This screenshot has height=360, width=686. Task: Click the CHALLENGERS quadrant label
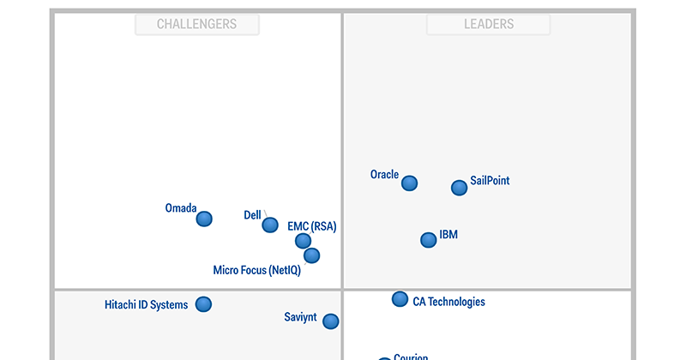click(x=196, y=24)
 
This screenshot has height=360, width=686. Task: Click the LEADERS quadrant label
click(x=489, y=24)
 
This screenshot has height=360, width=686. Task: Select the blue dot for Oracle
click(x=410, y=183)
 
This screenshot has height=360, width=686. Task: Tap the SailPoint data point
click(x=460, y=188)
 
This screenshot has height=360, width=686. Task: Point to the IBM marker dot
click(x=429, y=240)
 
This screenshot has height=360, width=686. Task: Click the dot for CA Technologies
click(x=400, y=299)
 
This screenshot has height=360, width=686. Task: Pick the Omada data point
click(x=204, y=219)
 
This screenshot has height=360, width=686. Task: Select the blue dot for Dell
click(x=270, y=225)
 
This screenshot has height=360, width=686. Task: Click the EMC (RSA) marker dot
click(x=303, y=241)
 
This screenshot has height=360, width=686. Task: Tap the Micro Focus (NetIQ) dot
click(x=312, y=255)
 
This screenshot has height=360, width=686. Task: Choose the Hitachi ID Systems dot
click(x=203, y=303)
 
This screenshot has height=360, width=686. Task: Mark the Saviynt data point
click(x=330, y=321)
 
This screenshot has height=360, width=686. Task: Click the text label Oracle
click(x=384, y=175)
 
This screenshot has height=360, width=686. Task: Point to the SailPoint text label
click(x=490, y=182)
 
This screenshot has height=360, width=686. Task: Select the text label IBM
click(x=448, y=234)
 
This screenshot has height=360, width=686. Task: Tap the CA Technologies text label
click(x=448, y=302)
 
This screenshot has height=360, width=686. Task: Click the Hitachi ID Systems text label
click(x=146, y=305)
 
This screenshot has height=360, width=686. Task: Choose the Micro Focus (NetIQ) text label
click(x=256, y=271)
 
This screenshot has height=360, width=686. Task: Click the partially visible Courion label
click(x=411, y=357)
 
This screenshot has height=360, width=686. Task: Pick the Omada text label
click(x=181, y=208)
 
